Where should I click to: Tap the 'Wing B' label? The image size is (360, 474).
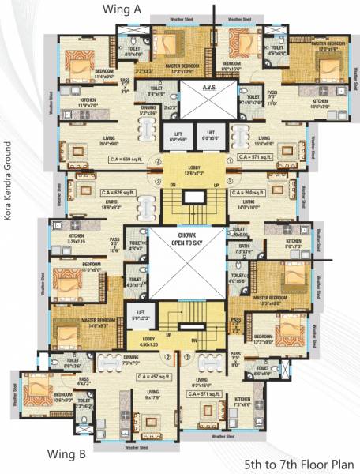pos(66,453)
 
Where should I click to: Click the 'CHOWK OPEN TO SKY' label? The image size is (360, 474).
pos(186,239)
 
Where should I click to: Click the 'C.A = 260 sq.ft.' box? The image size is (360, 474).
pos(249,192)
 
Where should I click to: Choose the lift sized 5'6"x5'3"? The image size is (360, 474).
pos(141,314)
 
